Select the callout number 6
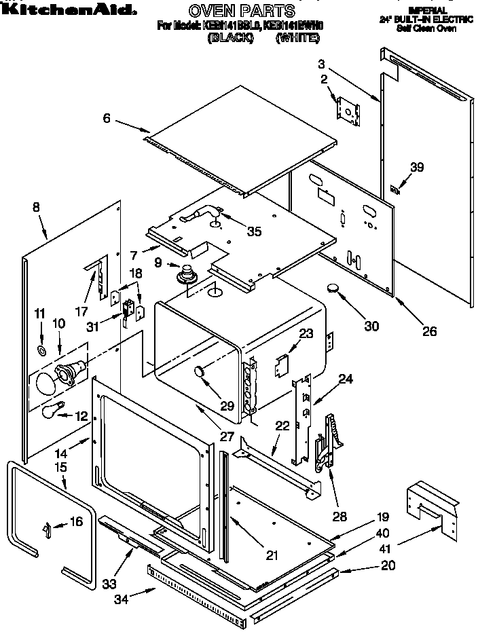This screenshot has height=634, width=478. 107,118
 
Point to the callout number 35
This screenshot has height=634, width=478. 254,231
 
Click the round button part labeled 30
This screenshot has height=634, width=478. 335,288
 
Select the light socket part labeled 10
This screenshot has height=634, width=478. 71,371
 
